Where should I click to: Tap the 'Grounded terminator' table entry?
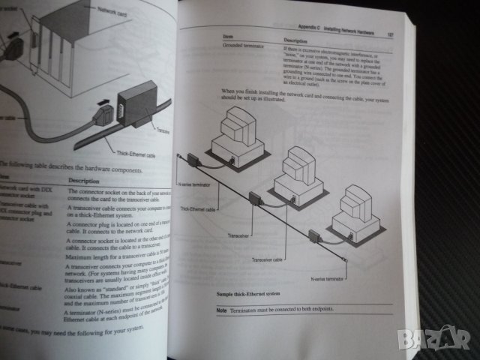(244, 46)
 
